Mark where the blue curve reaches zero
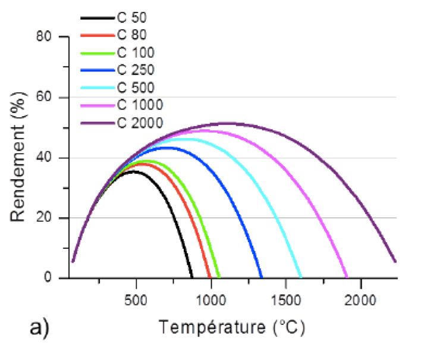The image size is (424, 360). click(x=262, y=277)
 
